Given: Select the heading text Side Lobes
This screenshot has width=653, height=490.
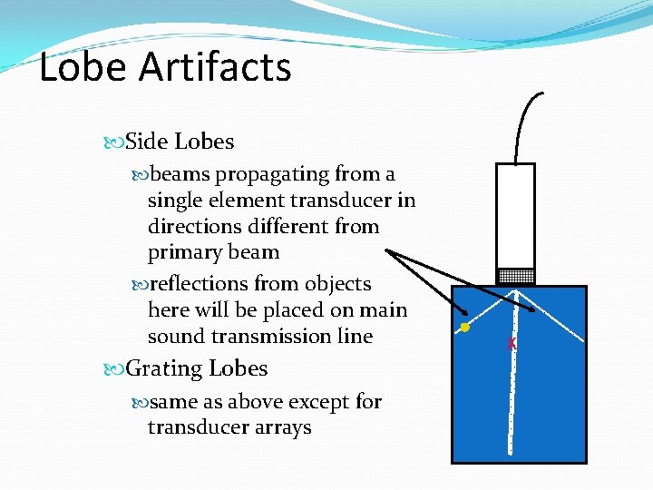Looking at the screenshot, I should click(x=180, y=142).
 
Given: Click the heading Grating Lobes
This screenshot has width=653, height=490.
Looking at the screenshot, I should click(x=196, y=368).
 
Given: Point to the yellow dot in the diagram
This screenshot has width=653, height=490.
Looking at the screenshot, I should click(x=463, y=327).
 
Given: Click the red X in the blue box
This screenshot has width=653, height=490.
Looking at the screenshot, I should click(x=512, y=344).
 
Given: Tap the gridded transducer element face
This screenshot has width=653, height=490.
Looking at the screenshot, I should click(x=514, y=275).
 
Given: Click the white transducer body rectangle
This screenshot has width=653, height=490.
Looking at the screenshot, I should click(x=514, y=216).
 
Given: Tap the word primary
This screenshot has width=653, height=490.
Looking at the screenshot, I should click(x=181, y=251).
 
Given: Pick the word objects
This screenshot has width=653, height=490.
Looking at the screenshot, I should click(x=337, y=284).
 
